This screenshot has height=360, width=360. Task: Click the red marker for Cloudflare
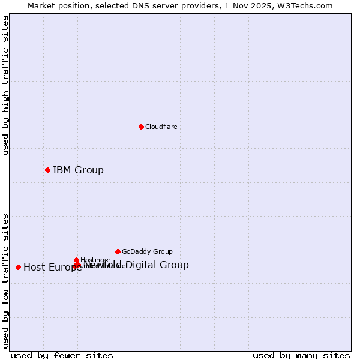click(141, 127)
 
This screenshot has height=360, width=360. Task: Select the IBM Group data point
click(47, 170)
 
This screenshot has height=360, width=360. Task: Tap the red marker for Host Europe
click(19, 267)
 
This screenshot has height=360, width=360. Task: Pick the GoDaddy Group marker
click(118, 251)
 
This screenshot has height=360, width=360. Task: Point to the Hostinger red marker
click(76, 260)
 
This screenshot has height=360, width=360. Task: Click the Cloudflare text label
click(161, 127)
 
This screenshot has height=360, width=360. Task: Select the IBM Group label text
click(78, 170)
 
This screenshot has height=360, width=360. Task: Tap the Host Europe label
click(52, 268)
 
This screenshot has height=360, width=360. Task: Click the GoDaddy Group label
click(146, 251)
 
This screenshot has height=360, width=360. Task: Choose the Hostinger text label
click(95, 260)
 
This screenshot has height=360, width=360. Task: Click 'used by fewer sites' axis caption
click(62, 355)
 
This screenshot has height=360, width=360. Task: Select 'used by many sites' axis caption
click(301, 355)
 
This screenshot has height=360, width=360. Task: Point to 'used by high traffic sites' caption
click(5, 86)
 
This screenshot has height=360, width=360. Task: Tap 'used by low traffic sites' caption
click(5, 280)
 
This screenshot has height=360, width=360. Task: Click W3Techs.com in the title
click(308, 5)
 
